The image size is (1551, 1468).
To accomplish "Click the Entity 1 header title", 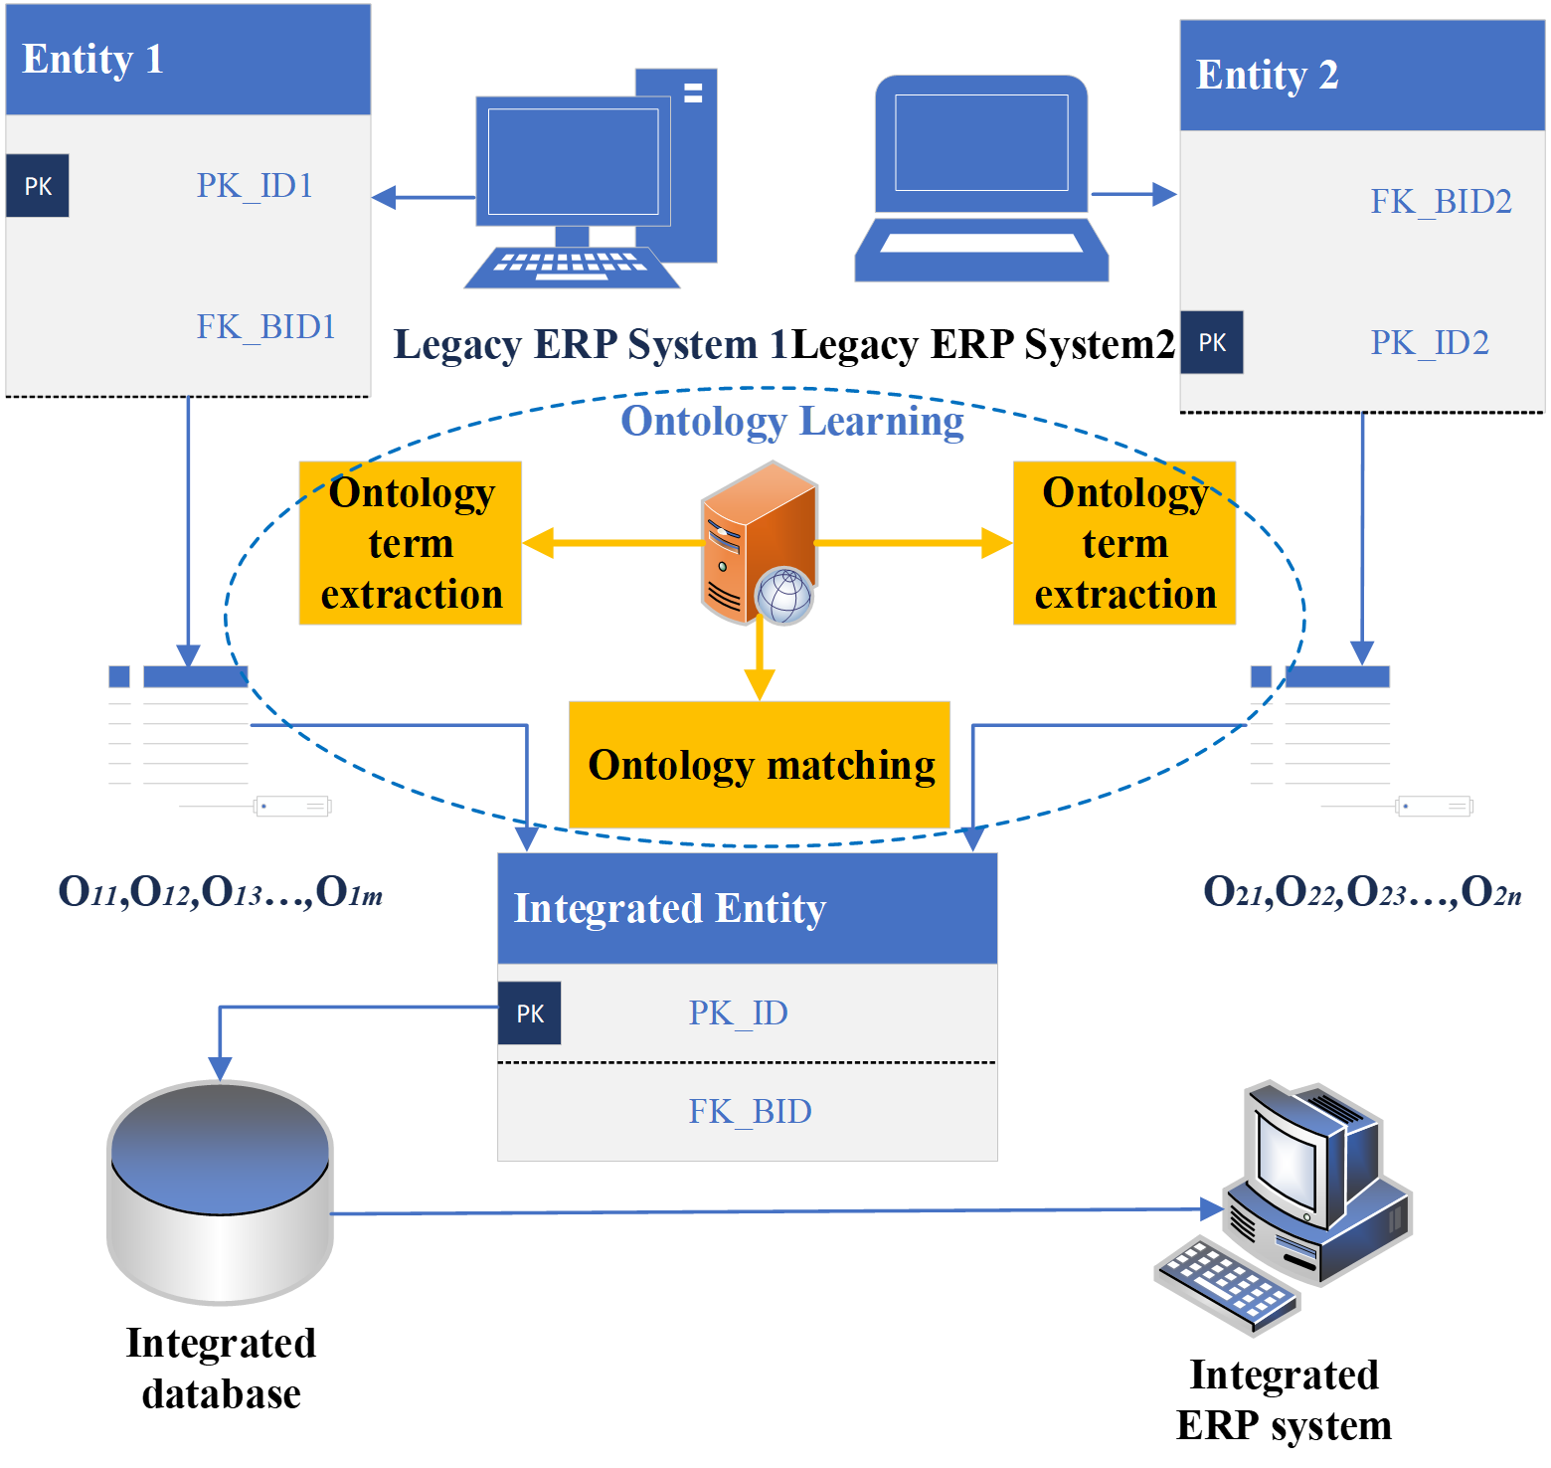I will (x=92, y=59).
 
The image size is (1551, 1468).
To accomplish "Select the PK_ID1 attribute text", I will (x=255, y=186).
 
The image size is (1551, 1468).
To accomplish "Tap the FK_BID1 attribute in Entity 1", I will (x=265, y=327).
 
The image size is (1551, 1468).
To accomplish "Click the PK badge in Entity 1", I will (x=38, y=186).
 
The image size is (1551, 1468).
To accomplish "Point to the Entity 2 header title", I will (x=1267, y=75).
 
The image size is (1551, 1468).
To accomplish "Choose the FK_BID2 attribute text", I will (x=1441, y=202).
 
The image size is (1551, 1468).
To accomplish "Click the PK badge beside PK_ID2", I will (x=1212, y=343).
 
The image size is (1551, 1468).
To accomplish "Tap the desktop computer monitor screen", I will (x=573, y=161).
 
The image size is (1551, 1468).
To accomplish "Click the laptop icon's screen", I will (x=981, y=142).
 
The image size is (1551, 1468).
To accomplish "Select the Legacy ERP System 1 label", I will (x=591, y=345).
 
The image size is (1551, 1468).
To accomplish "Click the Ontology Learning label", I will (x=791, y=422).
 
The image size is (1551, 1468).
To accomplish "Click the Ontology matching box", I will (x=761, y=765).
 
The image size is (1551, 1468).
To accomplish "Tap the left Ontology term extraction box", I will (x=411, y=543).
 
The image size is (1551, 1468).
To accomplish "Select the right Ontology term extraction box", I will (x=1124, y=543).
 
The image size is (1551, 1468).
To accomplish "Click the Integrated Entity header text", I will (x=669, y=909).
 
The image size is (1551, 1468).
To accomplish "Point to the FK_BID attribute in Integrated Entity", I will (x=750, y=1112).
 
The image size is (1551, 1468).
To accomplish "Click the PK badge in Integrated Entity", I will (x=530, y=1013).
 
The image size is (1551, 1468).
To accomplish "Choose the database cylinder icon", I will (x=221, y=1192).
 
